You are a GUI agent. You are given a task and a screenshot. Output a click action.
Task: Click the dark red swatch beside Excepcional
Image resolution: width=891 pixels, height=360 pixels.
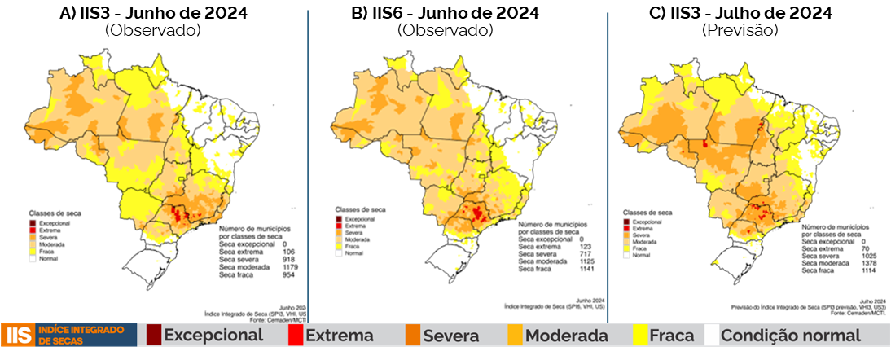[153, 335]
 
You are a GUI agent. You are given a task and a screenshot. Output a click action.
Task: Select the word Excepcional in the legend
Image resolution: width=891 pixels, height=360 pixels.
[213, 335]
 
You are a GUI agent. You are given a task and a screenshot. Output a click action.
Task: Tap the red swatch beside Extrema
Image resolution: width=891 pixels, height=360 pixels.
[295, 335]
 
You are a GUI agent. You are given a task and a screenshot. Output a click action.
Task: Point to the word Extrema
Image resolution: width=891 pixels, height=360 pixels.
[339, 335]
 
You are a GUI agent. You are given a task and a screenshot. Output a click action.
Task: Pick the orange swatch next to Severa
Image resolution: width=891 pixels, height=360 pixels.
[412, 335]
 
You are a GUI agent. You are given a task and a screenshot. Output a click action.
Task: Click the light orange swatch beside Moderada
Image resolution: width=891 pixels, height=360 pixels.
[515, 335]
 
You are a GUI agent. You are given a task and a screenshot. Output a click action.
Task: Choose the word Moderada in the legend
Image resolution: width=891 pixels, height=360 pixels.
[567, 335]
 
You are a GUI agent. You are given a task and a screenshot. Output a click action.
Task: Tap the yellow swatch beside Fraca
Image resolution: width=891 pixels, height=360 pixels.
[640, 335]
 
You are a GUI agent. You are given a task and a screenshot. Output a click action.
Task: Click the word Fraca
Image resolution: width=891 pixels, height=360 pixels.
[672, 335]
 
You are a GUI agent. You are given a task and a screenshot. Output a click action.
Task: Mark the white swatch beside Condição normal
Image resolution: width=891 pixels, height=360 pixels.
[712, 335]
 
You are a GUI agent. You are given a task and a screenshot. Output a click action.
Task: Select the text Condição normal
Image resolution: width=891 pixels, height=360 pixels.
[791, 335]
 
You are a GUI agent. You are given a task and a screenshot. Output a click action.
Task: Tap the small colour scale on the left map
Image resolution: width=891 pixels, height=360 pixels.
[33, 239]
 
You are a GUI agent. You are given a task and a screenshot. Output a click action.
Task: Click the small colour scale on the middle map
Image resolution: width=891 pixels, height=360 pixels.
[339, 235]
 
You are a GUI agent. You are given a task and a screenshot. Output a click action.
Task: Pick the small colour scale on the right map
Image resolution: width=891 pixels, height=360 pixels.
[626, 238]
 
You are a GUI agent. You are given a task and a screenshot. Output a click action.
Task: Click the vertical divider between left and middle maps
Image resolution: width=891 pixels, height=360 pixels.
[309, 163]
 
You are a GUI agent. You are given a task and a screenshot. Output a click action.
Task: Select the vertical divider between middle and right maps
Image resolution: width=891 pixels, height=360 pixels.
[608, 163]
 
